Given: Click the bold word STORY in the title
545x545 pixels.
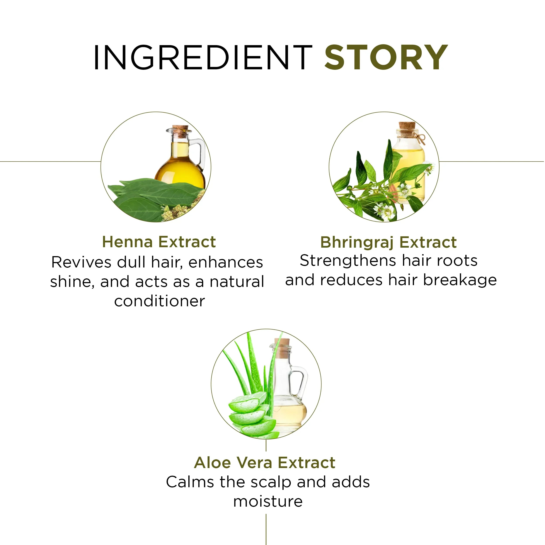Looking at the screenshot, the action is click(386, 57).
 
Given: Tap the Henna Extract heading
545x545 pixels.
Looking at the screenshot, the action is click(159, 242).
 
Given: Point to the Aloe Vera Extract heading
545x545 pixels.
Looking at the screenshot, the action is click(265, 463).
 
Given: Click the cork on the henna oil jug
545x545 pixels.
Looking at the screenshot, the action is click(180, 131).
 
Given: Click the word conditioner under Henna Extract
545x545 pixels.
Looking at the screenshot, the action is click(160, 301).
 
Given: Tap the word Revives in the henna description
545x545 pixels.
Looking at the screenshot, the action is click(82, 262).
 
